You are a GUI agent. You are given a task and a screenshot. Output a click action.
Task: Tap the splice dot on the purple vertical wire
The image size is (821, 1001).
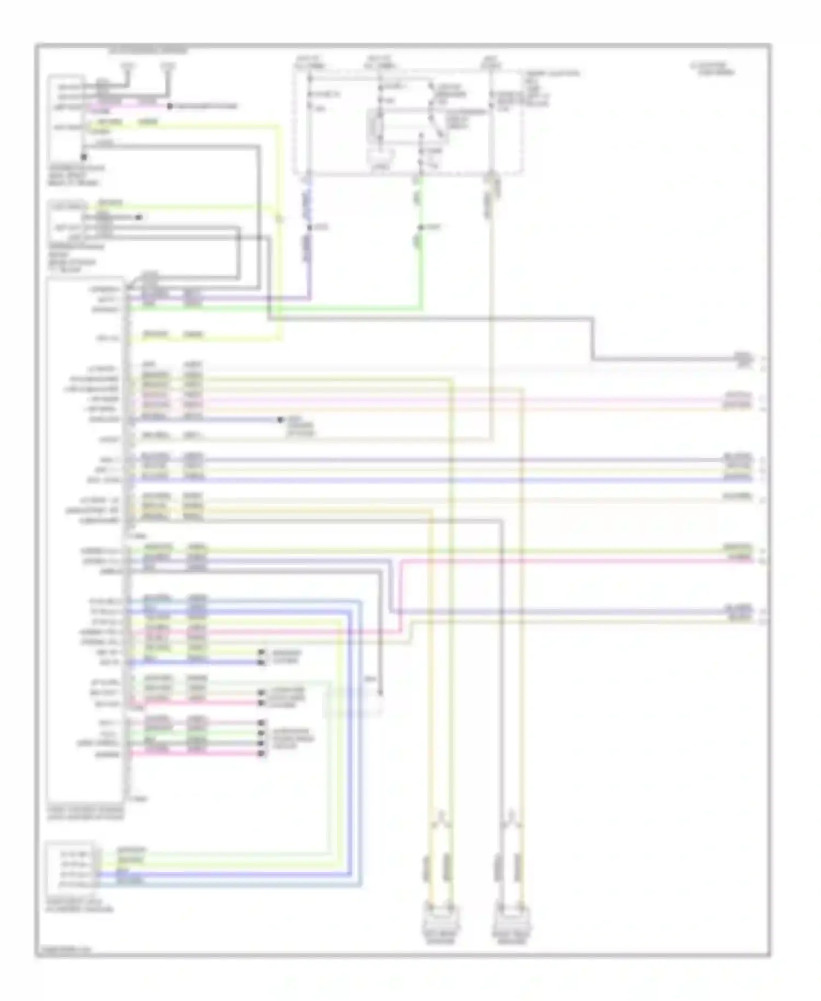309,227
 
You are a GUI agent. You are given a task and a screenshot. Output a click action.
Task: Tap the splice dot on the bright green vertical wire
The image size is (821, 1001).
421,227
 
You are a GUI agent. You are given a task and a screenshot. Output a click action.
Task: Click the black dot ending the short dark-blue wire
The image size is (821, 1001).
280,420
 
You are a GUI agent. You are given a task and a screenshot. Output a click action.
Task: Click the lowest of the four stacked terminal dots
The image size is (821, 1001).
262,753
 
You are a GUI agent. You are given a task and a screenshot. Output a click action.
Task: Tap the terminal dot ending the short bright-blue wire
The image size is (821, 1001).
262,663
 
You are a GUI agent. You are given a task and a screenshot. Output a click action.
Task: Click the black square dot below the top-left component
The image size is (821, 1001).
84,157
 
